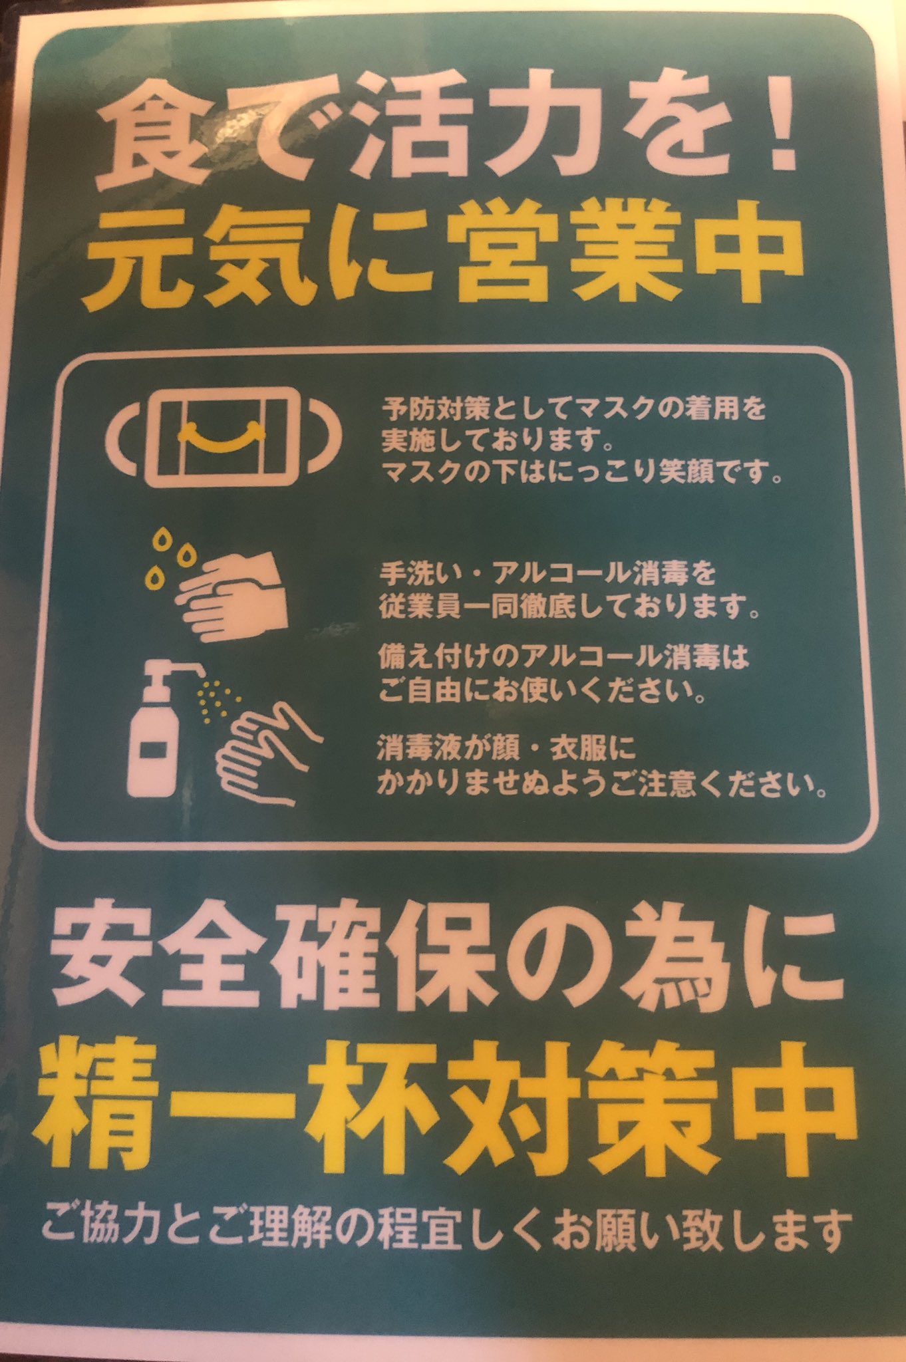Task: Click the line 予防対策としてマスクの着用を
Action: [x=573, y=408]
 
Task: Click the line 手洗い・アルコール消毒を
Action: [x=539, y=572]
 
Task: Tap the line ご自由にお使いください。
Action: [x=541, y=692]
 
